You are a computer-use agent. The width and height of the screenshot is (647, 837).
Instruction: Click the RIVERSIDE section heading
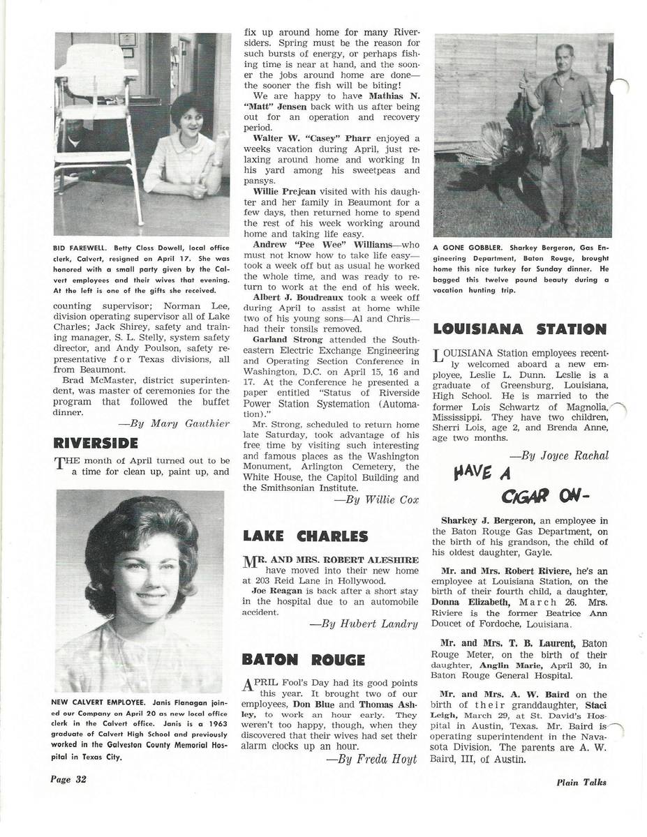point(96,444)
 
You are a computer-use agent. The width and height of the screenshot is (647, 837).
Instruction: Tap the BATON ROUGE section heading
point(303,660)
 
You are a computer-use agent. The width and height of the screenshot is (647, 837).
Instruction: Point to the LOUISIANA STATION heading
point(519,329)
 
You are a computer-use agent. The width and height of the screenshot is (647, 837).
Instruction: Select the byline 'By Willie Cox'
point(376,499)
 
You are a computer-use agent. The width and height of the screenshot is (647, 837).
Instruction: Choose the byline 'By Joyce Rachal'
point(559,455)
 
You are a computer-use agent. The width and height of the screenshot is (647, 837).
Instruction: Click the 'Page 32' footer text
point(68,779)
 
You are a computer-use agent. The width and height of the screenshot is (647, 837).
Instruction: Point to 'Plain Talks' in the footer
point(581,783)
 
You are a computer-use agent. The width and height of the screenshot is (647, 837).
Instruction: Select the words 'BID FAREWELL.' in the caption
point(79,248)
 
